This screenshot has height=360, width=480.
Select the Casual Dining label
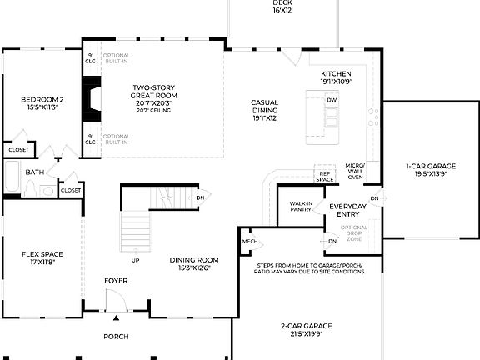(264, 111)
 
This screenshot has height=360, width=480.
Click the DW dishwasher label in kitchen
(332, 100)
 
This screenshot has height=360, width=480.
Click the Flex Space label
(42, 257)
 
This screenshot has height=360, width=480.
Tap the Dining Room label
(194, 263)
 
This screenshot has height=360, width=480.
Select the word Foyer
(116, 281)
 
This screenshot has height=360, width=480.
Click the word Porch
(116, 337)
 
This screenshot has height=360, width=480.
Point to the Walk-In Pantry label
(301, 207)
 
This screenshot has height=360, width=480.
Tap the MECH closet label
(250, 242)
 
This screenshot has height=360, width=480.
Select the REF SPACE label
(325, 176)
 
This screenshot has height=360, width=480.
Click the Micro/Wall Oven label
(355, 172)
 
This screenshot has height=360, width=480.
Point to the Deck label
(282, 7)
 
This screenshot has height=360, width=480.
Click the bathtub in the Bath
(12, 176)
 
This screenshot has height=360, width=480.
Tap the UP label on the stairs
(135, 260)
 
